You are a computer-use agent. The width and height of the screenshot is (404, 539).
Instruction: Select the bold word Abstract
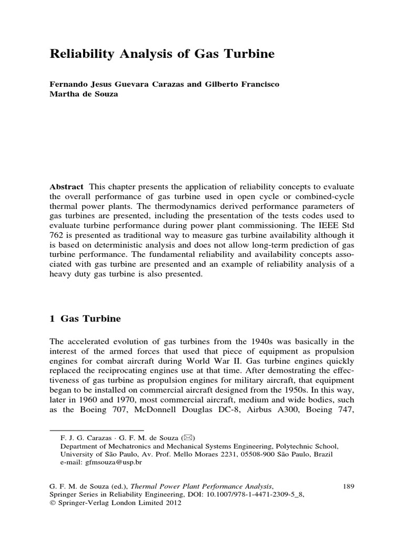tap(67, 187)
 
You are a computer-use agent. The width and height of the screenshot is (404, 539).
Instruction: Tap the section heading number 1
tap(52, 319)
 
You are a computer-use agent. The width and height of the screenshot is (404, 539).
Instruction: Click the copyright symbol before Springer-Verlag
tap(52, 503)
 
